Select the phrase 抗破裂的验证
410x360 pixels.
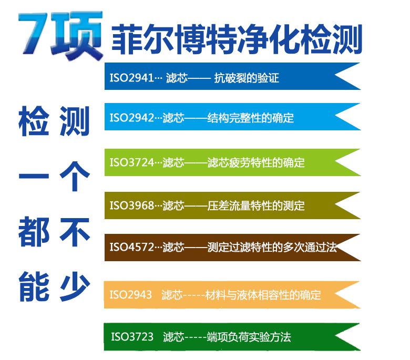[246, 78]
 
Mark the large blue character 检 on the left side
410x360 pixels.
[34, 120]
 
